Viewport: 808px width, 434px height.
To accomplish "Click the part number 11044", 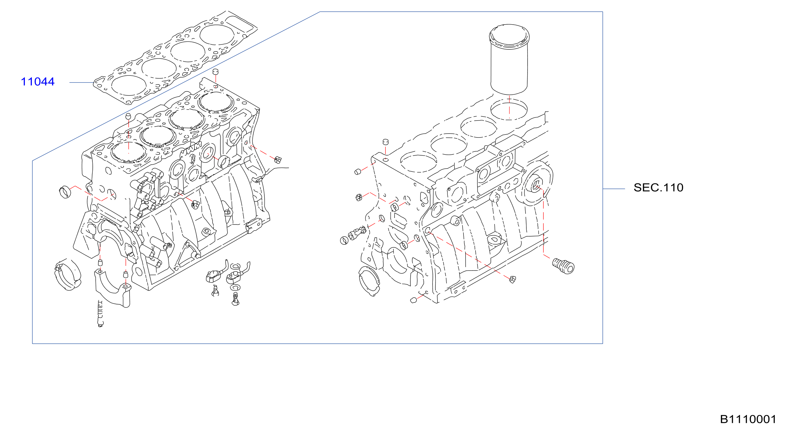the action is tap(38, 82).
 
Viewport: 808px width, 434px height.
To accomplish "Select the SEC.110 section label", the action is tap(658, 187).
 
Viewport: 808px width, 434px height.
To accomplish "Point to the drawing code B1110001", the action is tap(748, 419).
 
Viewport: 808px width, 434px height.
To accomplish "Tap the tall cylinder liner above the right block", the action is tap(509, 59).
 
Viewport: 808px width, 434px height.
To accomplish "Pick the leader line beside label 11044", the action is tap(81, 82).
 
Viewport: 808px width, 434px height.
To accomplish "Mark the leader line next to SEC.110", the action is tap(614, 189).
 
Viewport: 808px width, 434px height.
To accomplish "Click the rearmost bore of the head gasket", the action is tap(216, 35).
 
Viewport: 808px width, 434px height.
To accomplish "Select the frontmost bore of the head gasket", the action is tap(129, 86).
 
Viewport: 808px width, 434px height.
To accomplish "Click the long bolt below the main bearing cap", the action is tap(100, 314).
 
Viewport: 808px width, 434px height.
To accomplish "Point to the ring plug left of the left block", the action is tap(65, 192).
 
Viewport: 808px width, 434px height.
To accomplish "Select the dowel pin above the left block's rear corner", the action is tap(216, 72).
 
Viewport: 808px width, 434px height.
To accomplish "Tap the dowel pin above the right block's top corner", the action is tap(386, 142).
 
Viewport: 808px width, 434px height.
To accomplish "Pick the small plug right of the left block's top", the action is tap(278, 160).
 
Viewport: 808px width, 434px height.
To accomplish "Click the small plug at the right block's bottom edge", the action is tap(512, 279).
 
